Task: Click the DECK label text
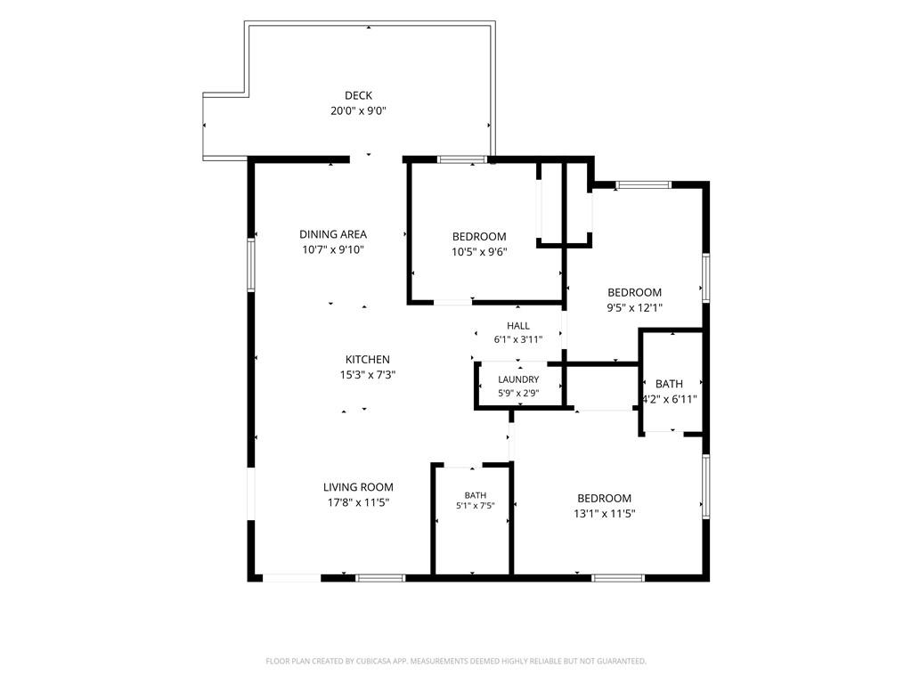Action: pyautogui.click(x=358, y=95)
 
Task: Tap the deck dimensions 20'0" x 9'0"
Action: pyautogui.click(x=358, y=110)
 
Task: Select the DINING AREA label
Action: pyautogui.click(x=333, y=234)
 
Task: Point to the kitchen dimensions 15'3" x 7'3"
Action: pyautogui.click(x=368, y=375)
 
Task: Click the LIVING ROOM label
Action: pyautogui.click(x=358, y=487)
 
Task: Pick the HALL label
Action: pyautogui.click(x=517, y=326)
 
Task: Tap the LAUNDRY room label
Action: pyautogui.click(x=518, y=379)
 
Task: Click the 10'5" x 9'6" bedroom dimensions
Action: pyautogui.click(x=479, y=252)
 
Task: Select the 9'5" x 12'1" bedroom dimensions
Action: pyautogui.click(x=634, y=307)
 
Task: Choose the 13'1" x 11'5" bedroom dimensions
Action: pyautogui.click(x=605, y=514)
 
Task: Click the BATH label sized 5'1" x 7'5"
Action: pyautogui.click(x=476, y=495)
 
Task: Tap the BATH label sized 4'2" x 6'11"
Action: pyautogui.click(x=669, y=384)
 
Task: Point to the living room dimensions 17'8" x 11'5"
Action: pyautogui.click(x=358, y=502)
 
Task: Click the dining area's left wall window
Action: pyautogui.click(x=251, y=265)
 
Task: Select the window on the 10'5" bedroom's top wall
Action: pyautogui.click(x=462, y=159)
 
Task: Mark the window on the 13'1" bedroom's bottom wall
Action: pyautogui.click(x=618, y=577)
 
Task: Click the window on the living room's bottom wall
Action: pyautogui.click(x=380, y=577)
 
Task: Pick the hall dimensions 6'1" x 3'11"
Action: pyautogui.click(x=518, y=339)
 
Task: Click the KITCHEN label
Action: pyautogui.click(x=368, y=360)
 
